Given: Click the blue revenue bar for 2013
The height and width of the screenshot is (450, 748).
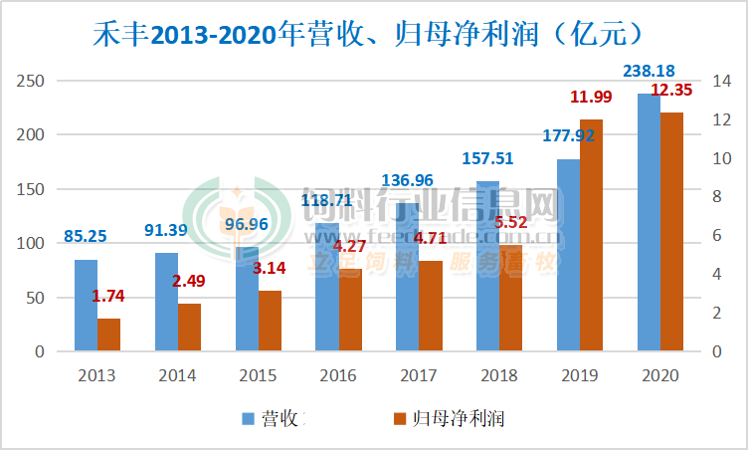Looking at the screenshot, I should pos(86,306).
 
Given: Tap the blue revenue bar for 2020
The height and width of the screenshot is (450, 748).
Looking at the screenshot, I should pos(649,223).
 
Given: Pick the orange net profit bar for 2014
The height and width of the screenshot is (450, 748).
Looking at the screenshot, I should pos(189,328).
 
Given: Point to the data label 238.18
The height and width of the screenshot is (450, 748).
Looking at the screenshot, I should pos(650,71).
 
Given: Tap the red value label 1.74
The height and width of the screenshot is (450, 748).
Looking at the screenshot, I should pos(108,296).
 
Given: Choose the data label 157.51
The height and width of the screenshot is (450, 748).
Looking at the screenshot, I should pos(487,158).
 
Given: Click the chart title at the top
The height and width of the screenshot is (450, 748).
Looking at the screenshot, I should pos(373,34).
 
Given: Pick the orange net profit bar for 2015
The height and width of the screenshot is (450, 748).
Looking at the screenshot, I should pos(270,322).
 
